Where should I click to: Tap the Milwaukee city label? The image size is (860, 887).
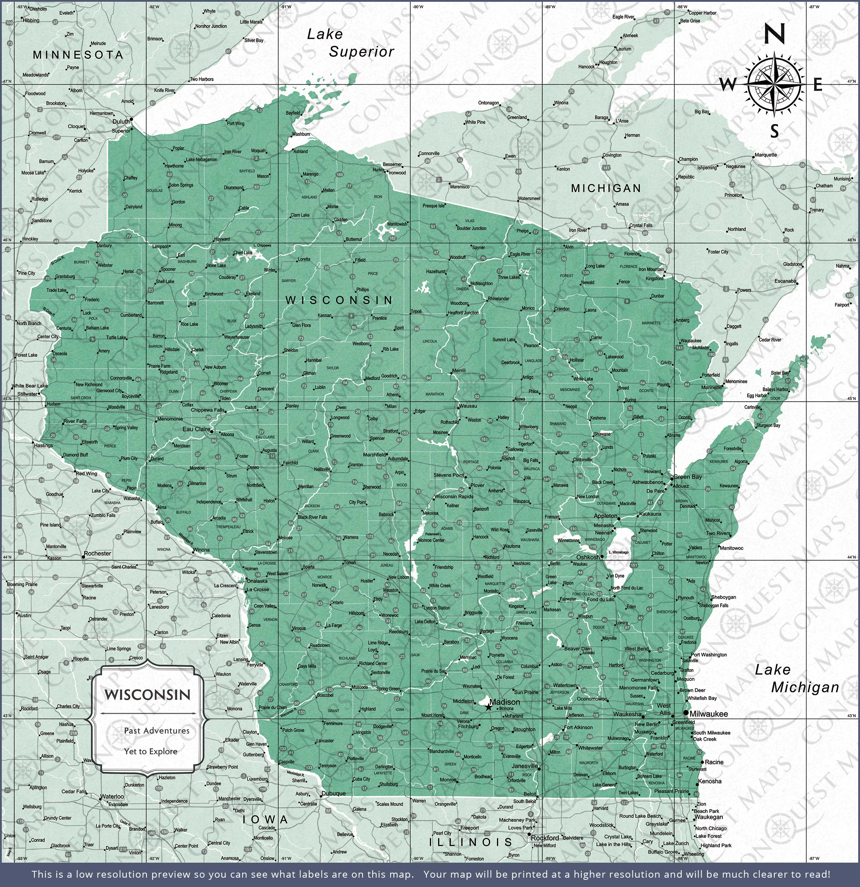tap(708, 714)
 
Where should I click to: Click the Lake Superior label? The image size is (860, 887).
tap(350, 43)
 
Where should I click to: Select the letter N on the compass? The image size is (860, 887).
tap(774, 34)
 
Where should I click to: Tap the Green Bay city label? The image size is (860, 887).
tap(688, 476)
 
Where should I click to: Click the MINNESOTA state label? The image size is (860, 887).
tap(78, 55)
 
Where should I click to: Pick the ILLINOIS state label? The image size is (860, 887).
tap(470, 842)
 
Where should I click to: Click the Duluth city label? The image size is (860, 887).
tap(121, 121)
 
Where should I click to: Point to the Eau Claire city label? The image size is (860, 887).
tap(196, 429)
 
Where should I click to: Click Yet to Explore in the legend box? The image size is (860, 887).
tap(150, 751)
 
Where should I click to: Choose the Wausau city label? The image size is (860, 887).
tap(468, 406)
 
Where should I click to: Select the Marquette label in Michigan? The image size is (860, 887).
tap(765, 155)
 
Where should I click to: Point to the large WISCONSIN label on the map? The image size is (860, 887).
tap(339, 300)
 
